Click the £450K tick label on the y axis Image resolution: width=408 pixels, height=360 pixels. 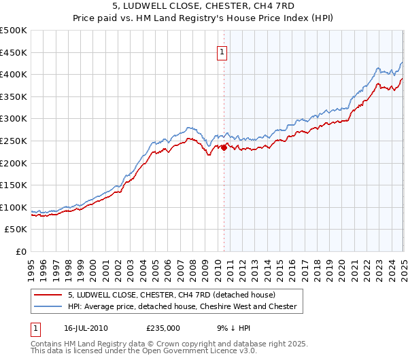point(14,52)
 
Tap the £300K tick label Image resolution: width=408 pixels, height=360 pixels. point(14,119)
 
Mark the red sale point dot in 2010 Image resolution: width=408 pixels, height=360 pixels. point(224,147)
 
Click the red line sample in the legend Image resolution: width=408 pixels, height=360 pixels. point(49,295)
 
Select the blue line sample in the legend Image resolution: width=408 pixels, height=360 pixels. point(49,307)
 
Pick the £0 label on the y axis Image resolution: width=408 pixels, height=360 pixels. point(21,252)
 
